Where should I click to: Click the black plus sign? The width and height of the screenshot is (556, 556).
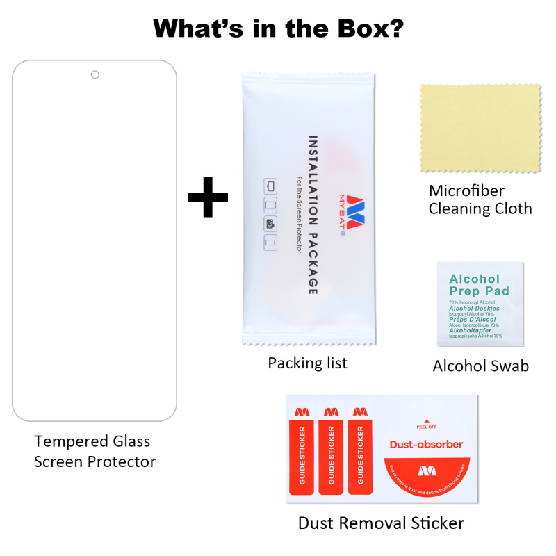208,197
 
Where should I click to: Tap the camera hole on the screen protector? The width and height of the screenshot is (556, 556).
95,74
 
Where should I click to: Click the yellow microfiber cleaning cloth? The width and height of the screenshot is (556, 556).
480,129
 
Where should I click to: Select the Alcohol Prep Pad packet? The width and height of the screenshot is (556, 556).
480,303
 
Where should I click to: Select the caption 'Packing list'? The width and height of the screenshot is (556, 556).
308,363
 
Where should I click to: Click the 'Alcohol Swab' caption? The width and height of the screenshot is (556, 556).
480,366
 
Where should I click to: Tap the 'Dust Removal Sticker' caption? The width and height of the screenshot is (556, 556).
381,523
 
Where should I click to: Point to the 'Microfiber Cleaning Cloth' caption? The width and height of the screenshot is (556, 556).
480,199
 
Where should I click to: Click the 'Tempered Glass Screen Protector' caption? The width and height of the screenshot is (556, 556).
95,451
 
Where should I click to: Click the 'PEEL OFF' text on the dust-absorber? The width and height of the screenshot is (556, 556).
426,427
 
